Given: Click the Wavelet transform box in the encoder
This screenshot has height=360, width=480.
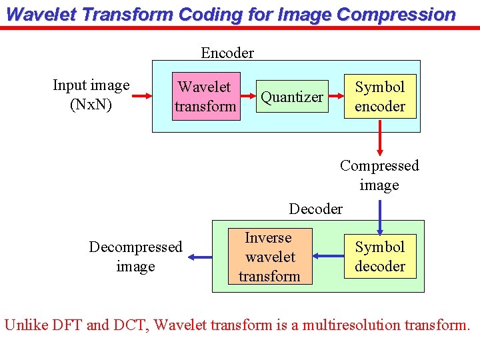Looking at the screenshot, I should (x=205, y=97).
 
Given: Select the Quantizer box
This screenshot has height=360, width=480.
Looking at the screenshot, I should (x=292, y=97).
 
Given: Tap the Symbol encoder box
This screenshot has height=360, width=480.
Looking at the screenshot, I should (x=380, y=97).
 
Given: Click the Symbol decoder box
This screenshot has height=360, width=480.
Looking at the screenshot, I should (x=380, y=257).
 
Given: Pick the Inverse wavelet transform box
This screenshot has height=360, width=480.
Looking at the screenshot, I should (x=269, y=257).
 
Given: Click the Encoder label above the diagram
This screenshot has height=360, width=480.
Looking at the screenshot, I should (x=227, y=53).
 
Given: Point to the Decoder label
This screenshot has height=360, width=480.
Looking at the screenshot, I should (x=315, y=209).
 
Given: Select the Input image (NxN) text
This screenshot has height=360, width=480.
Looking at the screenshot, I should (x=91, y=95).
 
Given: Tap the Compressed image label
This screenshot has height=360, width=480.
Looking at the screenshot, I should (x=379, y=175).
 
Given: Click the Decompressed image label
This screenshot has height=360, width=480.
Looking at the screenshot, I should (x=135, y=257).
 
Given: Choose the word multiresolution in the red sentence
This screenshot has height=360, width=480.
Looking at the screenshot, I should (x=350, y=325).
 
